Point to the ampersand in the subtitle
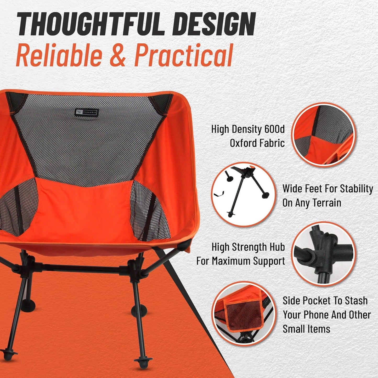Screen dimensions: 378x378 pyautogui.click(x=119, y=55)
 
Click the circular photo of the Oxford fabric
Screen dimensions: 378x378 pyautogui.click(x=323, y=134)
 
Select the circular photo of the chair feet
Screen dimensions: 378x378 pyautogui.click(x=243, y=194)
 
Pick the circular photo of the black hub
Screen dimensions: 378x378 pyautogui.click(x=323, y=254)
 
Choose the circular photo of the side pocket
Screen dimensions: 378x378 pyautogui.click(x=243, y=313)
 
